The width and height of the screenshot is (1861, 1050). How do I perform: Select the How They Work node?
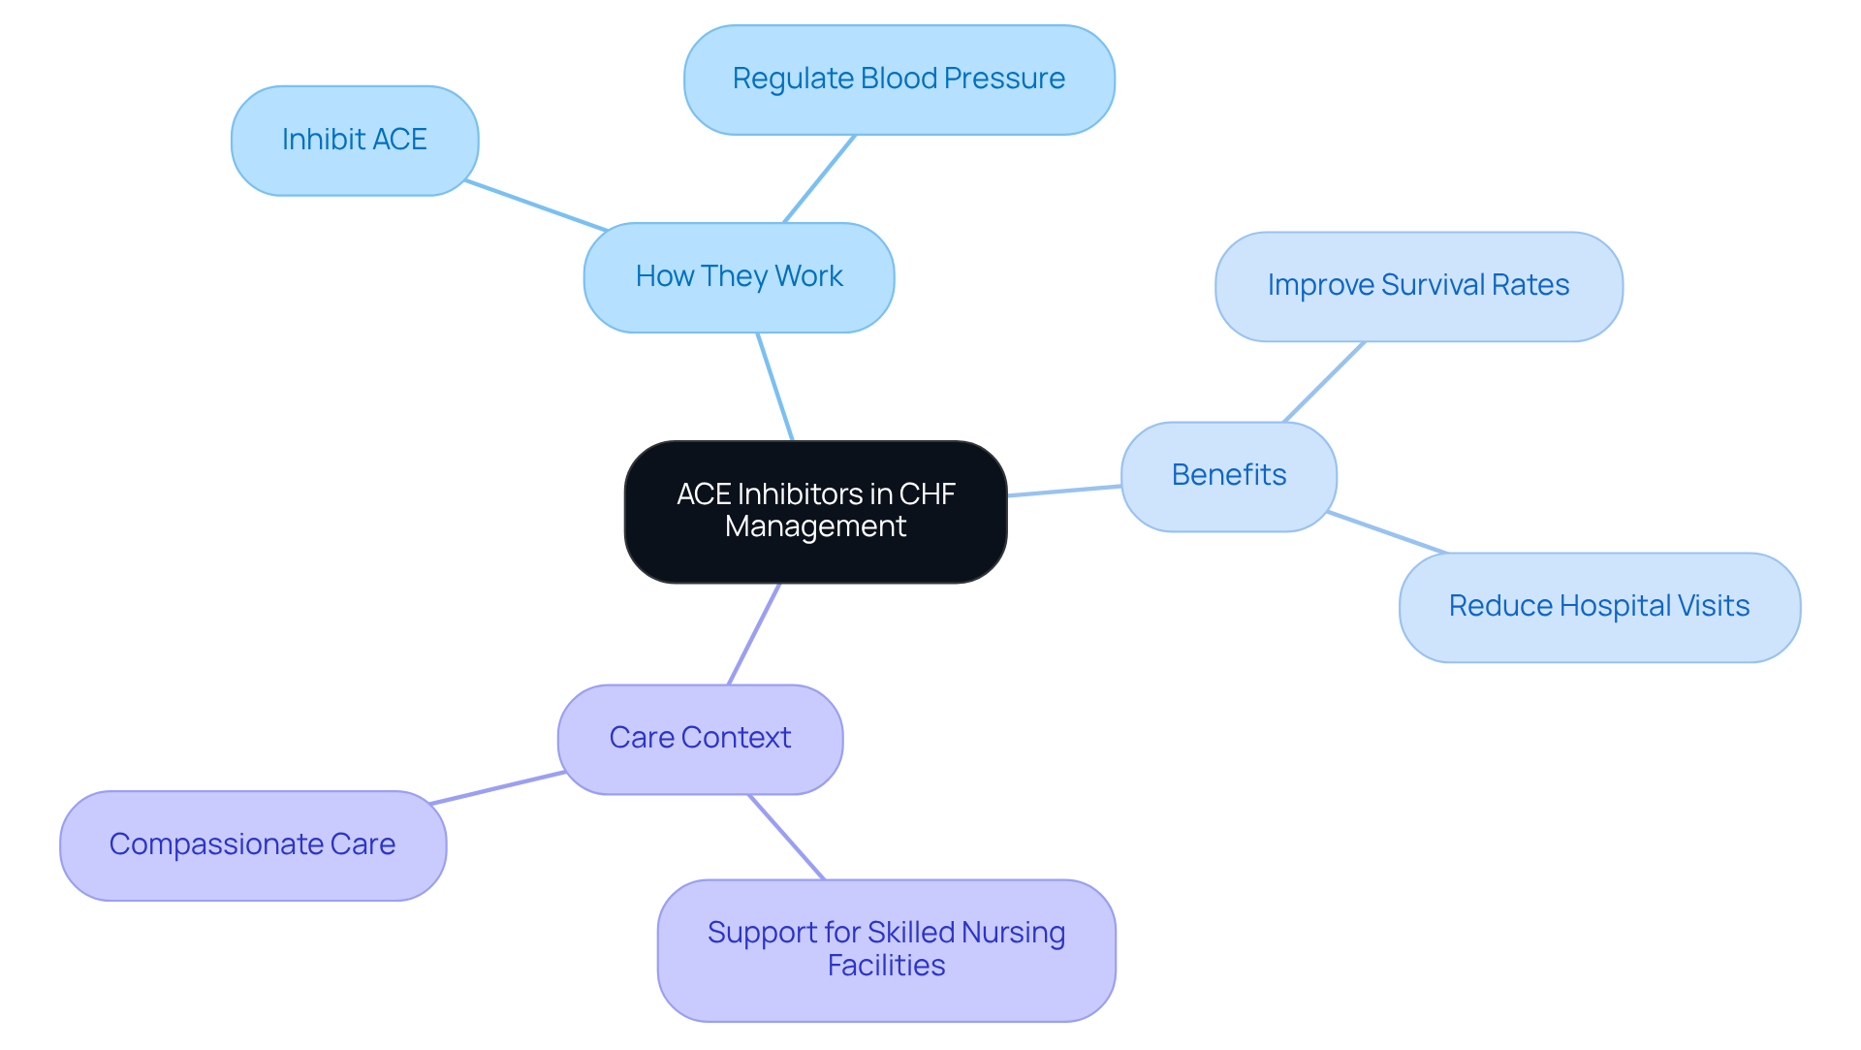(739, 277)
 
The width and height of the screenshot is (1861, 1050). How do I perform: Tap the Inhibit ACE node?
(354, 141)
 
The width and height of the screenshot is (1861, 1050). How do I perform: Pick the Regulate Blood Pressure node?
(899, 80)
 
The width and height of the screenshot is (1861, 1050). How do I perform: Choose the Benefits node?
(1228, 476)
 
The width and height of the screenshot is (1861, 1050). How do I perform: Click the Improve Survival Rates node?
(1418, 286)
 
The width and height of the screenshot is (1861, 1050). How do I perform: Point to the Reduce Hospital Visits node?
(1599, 607)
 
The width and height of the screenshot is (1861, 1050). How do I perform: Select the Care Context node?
(700, 739)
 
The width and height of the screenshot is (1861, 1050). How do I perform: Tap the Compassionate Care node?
(252, 845)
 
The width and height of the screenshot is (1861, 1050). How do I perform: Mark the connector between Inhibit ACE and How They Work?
(536, 206)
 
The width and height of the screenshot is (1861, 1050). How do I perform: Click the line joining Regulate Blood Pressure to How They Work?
(820, 178)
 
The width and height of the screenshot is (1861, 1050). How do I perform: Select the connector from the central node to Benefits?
(1064, 491)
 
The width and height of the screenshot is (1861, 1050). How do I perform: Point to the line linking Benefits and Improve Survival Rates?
(1324, 381)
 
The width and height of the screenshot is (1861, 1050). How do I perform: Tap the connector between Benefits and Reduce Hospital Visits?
(1387, 532)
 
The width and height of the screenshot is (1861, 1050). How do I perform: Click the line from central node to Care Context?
(754, 634)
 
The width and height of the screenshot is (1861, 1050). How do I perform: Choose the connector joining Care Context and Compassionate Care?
(498, 788)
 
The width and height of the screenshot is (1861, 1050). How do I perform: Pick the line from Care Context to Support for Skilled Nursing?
(786, 837)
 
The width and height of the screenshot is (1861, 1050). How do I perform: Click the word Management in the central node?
(815, 526)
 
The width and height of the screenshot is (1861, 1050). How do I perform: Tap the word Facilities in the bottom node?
(886, 966)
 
